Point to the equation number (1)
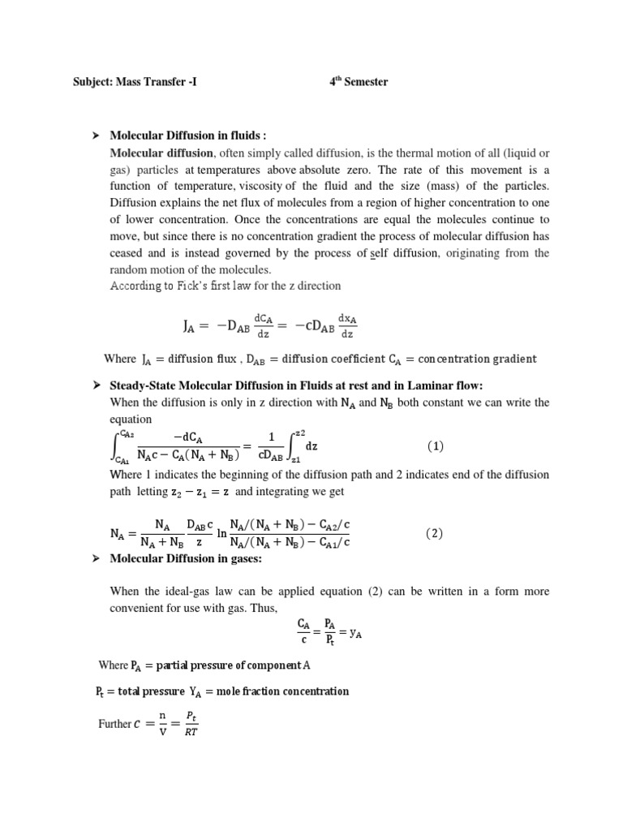point(436,446)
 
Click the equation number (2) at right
point(436,533)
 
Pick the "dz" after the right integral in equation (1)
point(311,446)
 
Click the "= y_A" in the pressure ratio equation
point(354,635)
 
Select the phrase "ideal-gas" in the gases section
point(177,593)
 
